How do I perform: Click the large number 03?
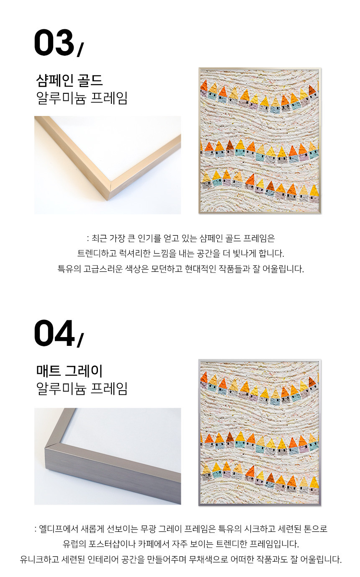pyautogui.click(x=54, y=42)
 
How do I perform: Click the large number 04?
pyautogui.click(x=54, y=333)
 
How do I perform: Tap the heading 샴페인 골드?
pyautogui.click(x=69, y=81)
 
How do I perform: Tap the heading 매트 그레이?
pyautogui.click(x=69, y=371)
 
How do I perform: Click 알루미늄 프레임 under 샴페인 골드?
pyautogui.click(x=82, y=98)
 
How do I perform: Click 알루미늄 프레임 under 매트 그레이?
pyautogui.click(x=82, y=389)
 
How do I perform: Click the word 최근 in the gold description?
pyautogui.click(x=99, y=238)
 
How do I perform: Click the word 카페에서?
pyautogui.click(x=154, y=544)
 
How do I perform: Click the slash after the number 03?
pyautogui.click(x=80, y=50)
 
